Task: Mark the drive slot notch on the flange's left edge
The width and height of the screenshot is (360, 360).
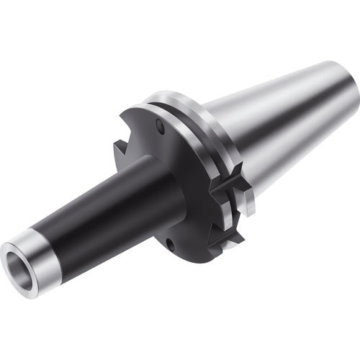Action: (x=120, y=153)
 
